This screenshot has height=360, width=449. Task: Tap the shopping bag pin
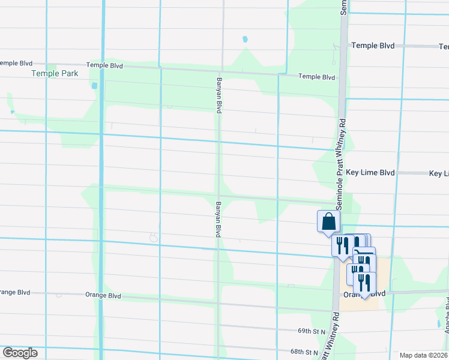coord(328,221)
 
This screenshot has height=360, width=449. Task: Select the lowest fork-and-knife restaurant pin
coord(365,283)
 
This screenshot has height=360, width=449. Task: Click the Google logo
coord(20,353)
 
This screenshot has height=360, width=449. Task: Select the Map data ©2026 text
coord(424,355)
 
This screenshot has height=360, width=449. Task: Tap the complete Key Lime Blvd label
coord(373,173)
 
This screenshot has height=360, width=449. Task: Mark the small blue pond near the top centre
coord(245,40)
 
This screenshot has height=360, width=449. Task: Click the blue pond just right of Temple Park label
coord(94,85)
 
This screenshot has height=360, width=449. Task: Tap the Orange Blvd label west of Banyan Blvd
coord(103,296)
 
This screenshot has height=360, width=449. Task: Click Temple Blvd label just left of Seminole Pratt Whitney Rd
coord(316,77)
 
